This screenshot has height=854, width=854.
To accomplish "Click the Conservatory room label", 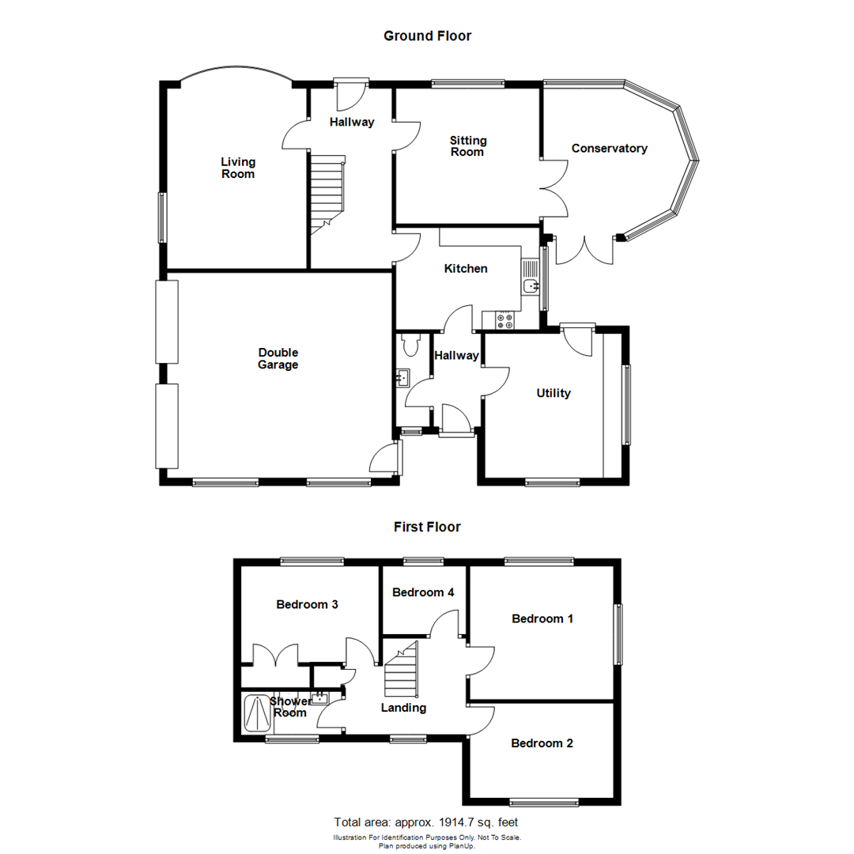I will point(609,149).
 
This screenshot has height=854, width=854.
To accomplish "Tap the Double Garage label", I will point(278,359).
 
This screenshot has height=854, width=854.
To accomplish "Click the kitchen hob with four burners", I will point(504,321).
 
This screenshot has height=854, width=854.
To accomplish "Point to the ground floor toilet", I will point(410,345).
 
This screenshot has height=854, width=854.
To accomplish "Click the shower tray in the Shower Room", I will point(255,713).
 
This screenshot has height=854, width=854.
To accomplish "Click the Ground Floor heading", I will point(427,36).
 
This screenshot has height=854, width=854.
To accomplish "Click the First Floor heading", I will point(427,527).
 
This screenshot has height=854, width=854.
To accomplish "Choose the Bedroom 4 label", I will point(423,592).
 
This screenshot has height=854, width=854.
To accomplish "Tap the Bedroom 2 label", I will point(542,743).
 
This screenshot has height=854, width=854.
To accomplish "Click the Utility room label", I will point(554,393).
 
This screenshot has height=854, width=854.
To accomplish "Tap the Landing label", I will point(403,708).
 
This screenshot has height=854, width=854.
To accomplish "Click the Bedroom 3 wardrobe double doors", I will point(275,656).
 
